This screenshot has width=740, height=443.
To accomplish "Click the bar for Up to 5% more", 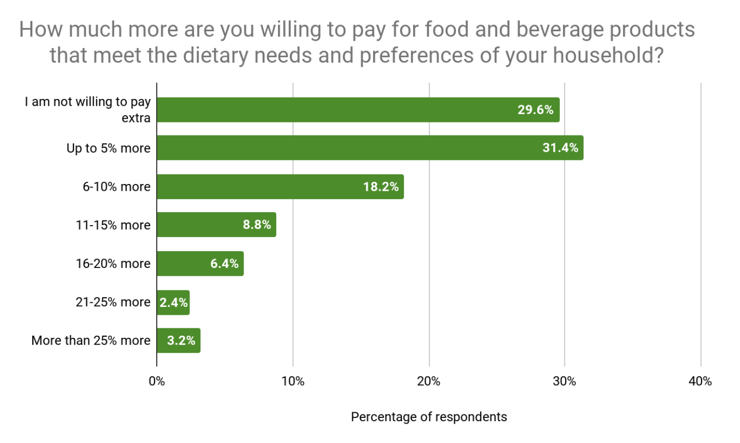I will pos(369,148).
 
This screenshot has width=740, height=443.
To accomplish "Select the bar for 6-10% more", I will pos(280,187).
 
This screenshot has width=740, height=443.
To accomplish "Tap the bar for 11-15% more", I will pos(216,225).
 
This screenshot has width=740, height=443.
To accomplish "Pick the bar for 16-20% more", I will pos(200,263).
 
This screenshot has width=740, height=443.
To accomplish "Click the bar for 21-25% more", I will pos(173,302).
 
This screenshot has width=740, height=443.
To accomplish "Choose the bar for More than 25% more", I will pos(178,340).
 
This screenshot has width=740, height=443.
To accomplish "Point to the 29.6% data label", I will pos(535,110).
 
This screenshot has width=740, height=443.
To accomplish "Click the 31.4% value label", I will pos(560,148).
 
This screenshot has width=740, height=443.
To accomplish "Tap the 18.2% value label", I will pos(380,187).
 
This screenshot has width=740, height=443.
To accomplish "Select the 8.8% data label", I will pos(257,225).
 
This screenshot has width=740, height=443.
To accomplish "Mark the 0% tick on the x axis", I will pos(157,382).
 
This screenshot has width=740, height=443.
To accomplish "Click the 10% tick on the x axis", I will pos(292,382).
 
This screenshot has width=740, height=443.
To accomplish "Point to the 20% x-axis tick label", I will pos(429,382).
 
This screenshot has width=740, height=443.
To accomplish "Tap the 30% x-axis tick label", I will pos(565,382).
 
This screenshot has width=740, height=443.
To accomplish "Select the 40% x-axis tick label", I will pos(700,382).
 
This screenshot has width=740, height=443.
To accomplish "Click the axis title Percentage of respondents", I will pos(429,417).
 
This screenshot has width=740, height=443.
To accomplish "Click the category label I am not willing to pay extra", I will pos(87,109).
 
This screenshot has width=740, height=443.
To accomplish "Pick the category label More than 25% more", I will pos(91,340).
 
